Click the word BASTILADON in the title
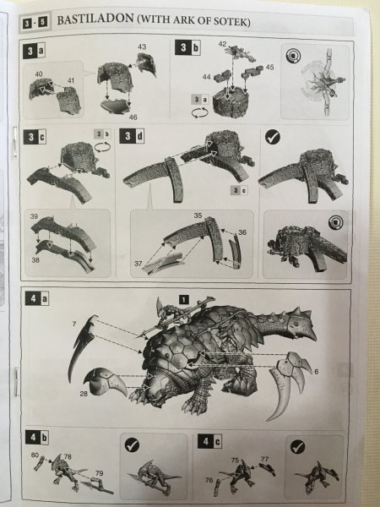coord(95,19)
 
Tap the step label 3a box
coord(34,52)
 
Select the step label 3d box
coord(132,136)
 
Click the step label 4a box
coord(37,298)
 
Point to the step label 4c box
coord(209,441)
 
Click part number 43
coord(142,46)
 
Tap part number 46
coord(133,117)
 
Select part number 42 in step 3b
coord(222,44)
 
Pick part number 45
coord(270,67)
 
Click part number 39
coord(34,216)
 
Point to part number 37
coord(138,264)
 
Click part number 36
coord(242,232)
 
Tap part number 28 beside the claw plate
coord(84,394)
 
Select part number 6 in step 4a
coord(317,372)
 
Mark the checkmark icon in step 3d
coord(273,137)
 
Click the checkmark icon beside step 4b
coord(132,445)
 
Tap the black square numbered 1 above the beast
coord(183,300)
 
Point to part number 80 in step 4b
coord(35,455)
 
